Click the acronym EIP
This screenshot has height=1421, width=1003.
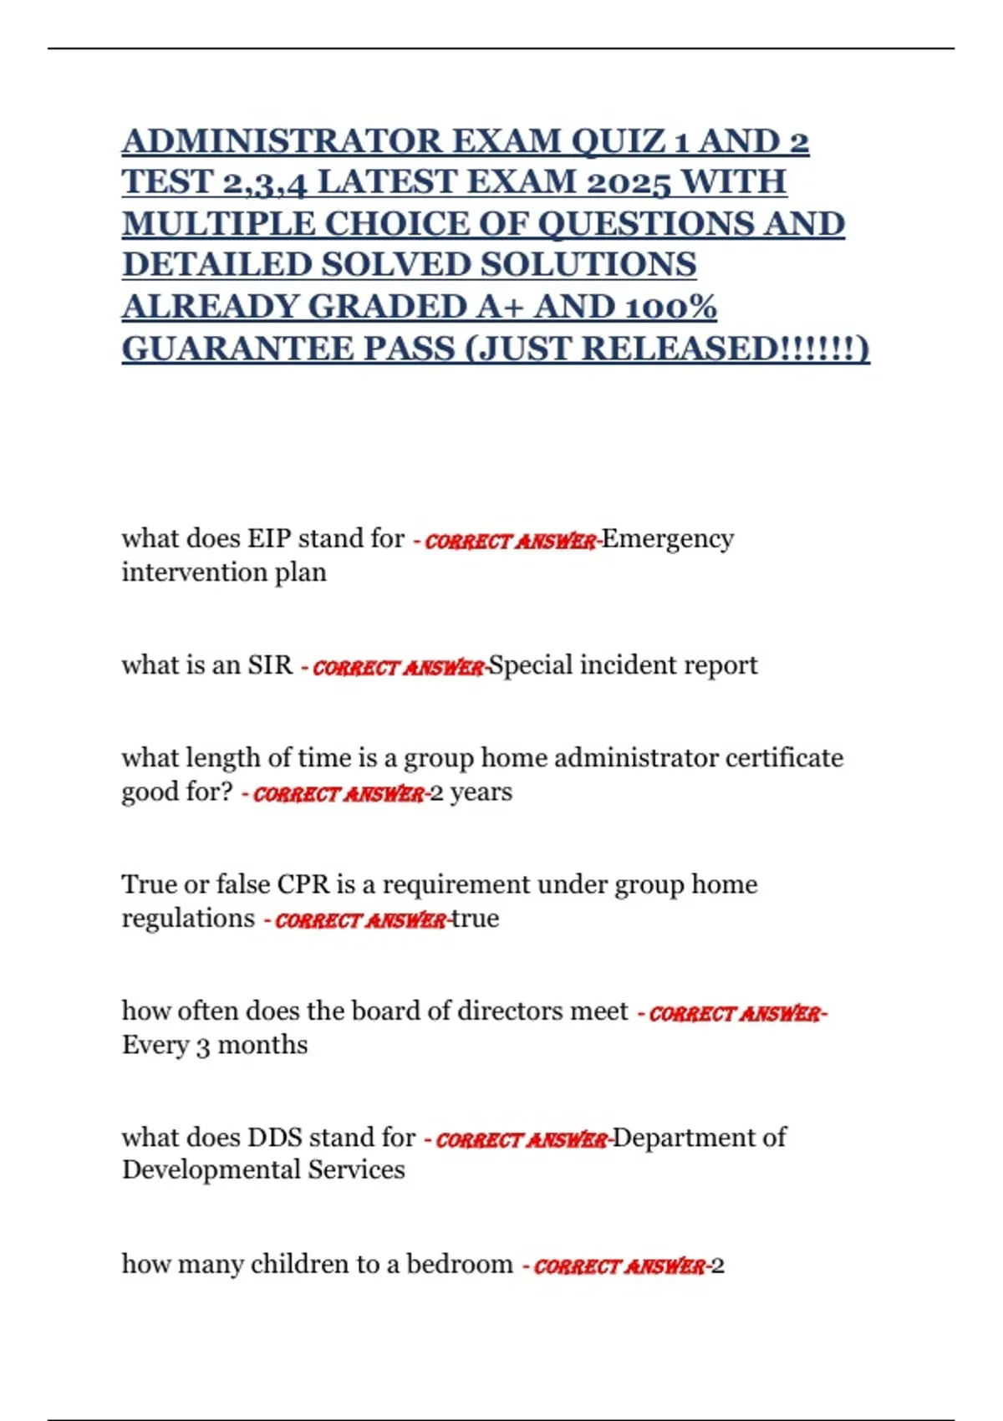coord(268,538)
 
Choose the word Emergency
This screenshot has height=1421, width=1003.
coord(668,539)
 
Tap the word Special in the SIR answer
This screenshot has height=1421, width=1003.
coord(530,665)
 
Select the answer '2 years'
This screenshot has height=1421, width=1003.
coord(471,792)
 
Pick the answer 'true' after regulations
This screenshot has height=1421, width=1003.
coord(475,919)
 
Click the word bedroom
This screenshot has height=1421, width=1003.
coord(459,1264)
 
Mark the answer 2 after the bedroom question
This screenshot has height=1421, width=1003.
coord(717,1266)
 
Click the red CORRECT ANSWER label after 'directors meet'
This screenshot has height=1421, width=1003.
coord(735,1014)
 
